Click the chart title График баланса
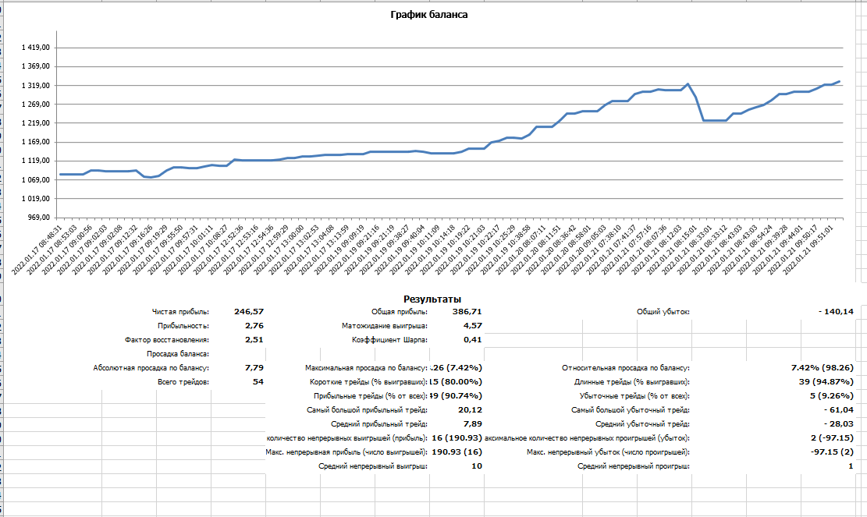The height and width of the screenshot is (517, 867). [428, 14]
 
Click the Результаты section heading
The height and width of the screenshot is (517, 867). [432, 299]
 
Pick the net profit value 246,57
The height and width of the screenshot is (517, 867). [249, 311]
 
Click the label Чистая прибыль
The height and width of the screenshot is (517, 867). [180, 312]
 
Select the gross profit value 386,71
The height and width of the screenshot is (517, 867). [466, 311]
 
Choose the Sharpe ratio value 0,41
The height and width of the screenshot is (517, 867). [472, 339]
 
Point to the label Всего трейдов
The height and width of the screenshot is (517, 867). [183, 382]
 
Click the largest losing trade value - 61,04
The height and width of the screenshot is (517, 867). [836, 409]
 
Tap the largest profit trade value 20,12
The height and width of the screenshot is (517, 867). [470, 409]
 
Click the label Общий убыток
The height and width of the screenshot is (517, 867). [663, 312]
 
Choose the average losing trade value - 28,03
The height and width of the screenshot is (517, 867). [836, 423]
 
